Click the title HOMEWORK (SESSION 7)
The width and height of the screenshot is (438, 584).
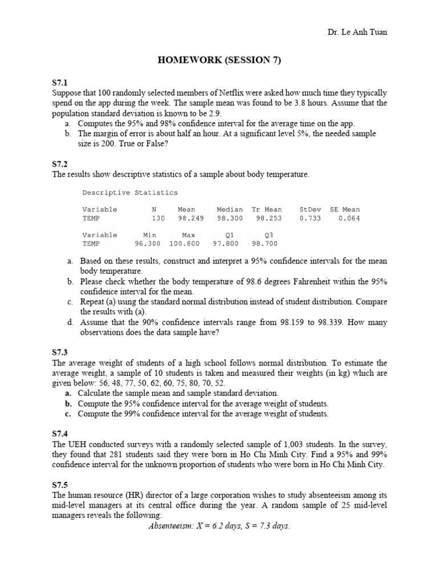219,61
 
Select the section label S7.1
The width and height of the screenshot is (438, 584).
60,83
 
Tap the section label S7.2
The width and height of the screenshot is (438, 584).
60,164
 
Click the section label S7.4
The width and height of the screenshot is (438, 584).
60,432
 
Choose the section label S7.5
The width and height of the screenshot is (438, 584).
60,485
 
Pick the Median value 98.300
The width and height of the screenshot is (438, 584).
230,218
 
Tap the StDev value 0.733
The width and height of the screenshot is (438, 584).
310,218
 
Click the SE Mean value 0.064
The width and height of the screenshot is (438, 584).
349,218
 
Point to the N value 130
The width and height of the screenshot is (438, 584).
158,218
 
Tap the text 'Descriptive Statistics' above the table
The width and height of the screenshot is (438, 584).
130,193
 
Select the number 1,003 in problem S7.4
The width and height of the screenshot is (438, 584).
275,443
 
